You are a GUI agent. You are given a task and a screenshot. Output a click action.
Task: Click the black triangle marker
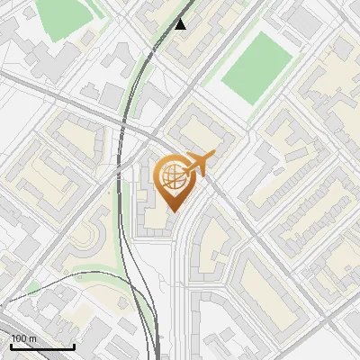click(x=181, y=23)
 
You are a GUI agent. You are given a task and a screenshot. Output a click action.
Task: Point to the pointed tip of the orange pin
click(x=172, y=211)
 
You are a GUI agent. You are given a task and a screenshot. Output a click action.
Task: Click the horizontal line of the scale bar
click(x=41, y=347)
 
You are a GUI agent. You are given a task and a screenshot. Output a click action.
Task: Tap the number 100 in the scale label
click(x=19, y=339)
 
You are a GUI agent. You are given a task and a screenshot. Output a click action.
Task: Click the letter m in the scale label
click(x=31, y=339)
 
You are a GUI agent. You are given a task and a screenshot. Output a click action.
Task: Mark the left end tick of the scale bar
click(x=10, y=346)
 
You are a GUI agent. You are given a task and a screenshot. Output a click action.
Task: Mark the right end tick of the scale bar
click(x=74, y=346)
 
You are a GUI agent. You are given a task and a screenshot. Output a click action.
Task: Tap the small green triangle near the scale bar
click(x=34, y=288)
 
